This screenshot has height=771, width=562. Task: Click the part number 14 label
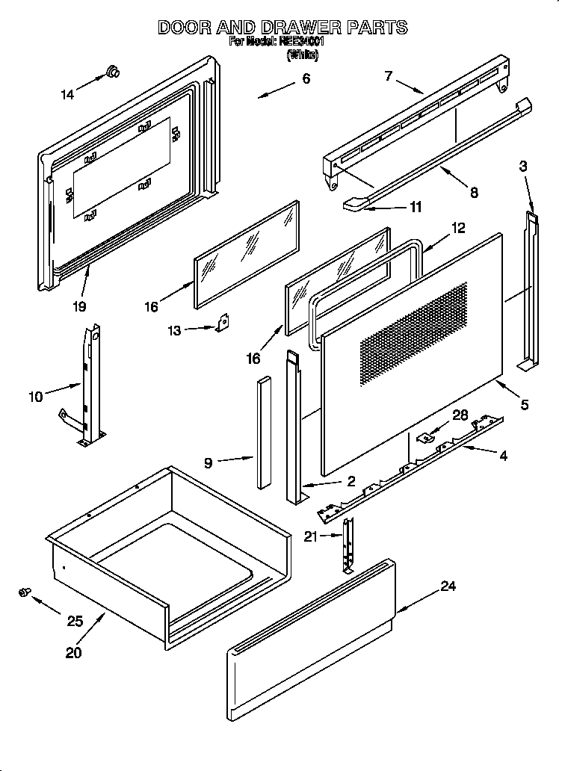(x=67, y=95)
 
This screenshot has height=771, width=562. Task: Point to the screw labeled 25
(x=24, y=592)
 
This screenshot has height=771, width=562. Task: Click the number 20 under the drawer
(x=73, y=652)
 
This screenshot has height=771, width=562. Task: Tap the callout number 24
(x=448, y=586)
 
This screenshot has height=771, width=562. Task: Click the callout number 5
(x=525, y=405)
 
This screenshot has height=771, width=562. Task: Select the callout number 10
(x=36, y=397)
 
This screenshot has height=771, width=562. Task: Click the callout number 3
(x=524, y=167)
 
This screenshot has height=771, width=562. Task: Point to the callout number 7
(x=389, y=75)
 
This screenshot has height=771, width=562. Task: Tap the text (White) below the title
(x=303, y=55)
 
